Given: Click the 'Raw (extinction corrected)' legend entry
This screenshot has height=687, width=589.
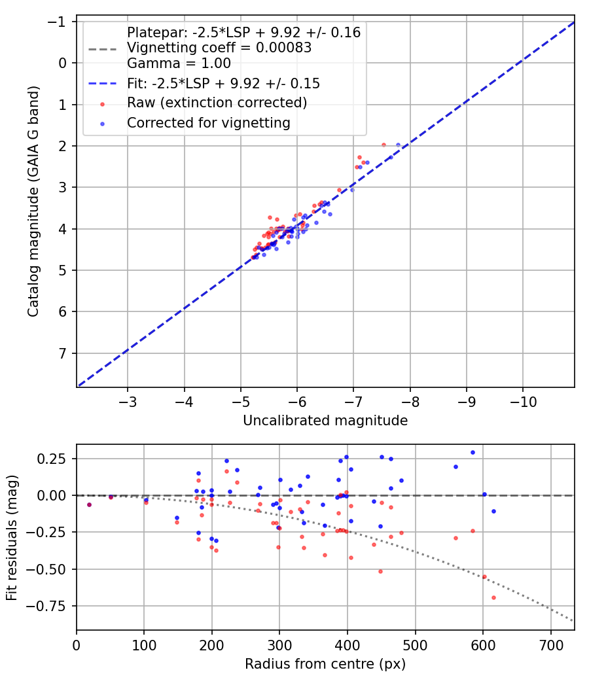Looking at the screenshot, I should coord(217,103).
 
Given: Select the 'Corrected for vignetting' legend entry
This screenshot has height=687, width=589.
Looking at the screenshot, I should coord(208,122).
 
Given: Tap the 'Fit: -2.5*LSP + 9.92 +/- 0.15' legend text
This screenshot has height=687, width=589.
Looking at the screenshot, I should coord(223,84).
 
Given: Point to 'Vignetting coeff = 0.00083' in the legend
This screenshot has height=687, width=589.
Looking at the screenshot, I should coord(219,48).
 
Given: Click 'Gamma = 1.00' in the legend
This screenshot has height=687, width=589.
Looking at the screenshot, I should coord(179,63).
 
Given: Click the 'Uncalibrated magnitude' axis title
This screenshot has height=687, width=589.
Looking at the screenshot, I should coord(325,421).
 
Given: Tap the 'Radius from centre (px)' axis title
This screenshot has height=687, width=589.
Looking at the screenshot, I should coord(325,664).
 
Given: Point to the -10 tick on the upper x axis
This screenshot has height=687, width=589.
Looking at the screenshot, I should coord(522,398).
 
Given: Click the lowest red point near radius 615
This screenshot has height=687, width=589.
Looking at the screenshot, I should coord(493,597).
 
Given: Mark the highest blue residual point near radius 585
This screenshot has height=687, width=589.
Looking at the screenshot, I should coord(473,452).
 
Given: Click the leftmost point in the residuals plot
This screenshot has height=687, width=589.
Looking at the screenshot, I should coord(89,504).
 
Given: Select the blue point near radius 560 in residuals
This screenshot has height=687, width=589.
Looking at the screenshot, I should coord(455,467).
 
